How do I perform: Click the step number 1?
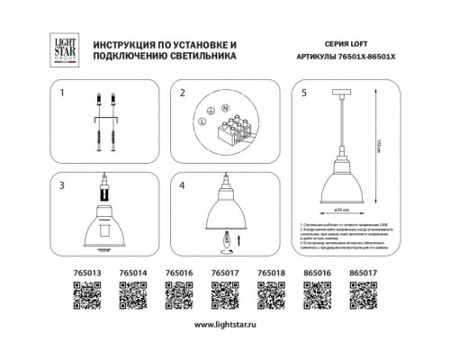pos(62,93)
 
